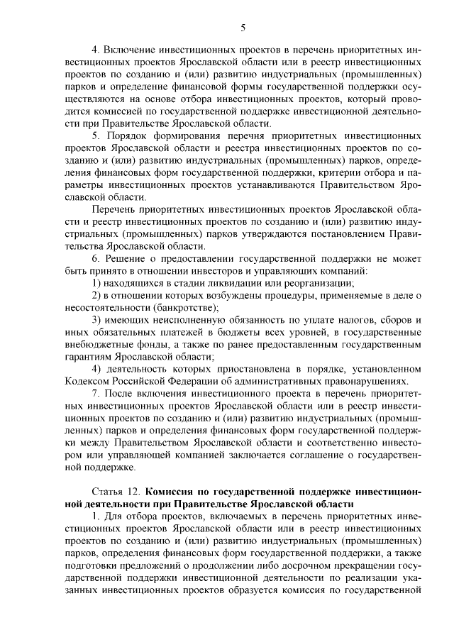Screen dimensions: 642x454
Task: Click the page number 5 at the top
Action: tap(243, 28)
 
